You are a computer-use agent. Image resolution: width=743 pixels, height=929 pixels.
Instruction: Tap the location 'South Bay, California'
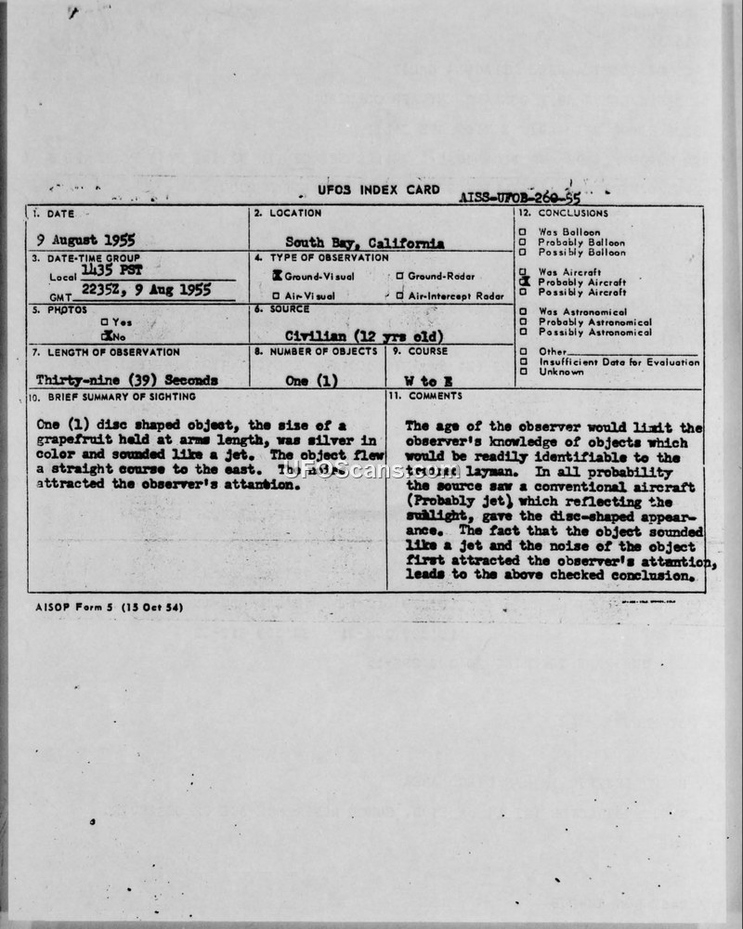364,242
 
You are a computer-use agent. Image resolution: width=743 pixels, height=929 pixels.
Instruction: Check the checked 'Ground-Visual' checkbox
277,276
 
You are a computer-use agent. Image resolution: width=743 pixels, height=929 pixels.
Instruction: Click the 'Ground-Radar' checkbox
400,276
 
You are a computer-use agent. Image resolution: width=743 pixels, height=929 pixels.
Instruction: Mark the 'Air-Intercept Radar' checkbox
400,295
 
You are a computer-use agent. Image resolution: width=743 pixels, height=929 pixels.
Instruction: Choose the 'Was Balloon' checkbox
524,232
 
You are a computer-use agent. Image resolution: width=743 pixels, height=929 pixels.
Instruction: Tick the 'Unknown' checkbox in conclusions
524,372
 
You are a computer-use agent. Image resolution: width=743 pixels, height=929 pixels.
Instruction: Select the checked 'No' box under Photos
107,335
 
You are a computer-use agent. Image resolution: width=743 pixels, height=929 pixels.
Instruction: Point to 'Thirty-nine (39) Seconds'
126,381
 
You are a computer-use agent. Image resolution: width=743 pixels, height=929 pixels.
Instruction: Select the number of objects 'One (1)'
313,381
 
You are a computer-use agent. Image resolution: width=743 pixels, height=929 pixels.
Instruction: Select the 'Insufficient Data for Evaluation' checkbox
524,361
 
